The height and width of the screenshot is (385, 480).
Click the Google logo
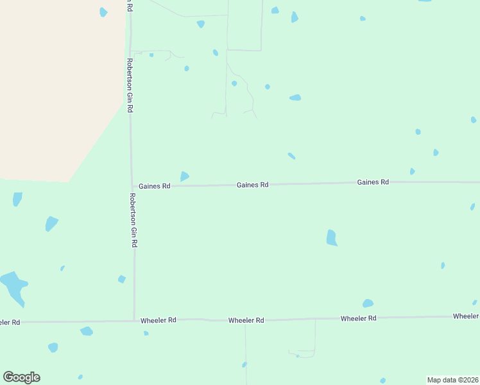tap(22, 377)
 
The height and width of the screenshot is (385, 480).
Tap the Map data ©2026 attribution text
tap(452, 380)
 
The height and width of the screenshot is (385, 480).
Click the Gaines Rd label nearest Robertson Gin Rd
tap(155, 186)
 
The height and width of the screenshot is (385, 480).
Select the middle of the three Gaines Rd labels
tap(252, 185)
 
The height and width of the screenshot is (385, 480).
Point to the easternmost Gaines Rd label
tap(373, 182)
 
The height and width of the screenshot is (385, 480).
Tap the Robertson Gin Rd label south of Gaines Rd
tap(133, 220)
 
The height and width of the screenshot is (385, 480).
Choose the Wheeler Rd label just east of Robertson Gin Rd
tap(159, 320)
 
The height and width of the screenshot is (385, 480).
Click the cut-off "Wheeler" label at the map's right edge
tap(465, 316)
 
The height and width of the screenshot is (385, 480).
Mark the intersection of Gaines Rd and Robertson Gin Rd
tap(132, 186)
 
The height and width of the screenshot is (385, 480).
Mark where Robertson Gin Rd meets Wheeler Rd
tap(134, 320)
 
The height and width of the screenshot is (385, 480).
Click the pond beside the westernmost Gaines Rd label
tap(185, 176)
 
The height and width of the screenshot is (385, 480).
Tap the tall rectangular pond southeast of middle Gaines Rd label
tap(331, 237)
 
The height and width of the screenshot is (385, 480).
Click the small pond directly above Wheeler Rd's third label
tap(368, 304)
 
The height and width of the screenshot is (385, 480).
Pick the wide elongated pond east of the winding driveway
tap(295, 98)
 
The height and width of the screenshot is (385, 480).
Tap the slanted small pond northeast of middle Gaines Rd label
tap(291, 155)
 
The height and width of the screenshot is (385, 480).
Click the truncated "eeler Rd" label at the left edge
tap(10, 322)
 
